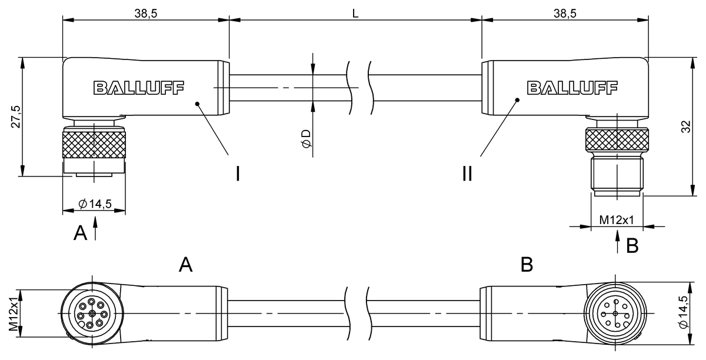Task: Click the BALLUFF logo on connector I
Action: tap(138, 88)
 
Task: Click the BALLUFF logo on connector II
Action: tap(572, 88)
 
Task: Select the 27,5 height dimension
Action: tap(16, 116)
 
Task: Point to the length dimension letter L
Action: tap(355, 14)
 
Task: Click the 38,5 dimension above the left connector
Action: tap(145, 14)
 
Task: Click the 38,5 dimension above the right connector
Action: tap(565, 14)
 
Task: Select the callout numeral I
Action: tap(238, 174)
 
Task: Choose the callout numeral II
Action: tap(467, 174)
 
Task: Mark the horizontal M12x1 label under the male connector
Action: tap(616, 220)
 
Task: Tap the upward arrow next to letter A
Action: tap(95, 230)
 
